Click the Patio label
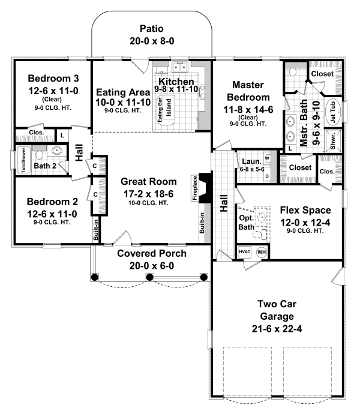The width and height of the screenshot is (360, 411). click(152, 29)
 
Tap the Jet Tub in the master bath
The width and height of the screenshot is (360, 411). click(333, 112)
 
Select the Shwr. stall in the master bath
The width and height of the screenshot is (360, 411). click(333, 141)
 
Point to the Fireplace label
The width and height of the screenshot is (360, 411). click(195, 188)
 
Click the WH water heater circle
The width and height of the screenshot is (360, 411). click(262, 252)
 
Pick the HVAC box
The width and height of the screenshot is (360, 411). click(244, 252)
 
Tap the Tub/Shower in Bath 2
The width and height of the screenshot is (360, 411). click(24, 160)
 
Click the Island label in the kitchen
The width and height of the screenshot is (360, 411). click(169, 107)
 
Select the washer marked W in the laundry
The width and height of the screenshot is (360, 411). click(267, 158)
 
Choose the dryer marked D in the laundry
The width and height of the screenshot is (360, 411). click(267, 176)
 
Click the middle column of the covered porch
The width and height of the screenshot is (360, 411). click(149, 277)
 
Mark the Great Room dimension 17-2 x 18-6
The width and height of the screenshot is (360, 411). click(148, 194)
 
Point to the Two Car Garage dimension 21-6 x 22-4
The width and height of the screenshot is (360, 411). click(277, 329)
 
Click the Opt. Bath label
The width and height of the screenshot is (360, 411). click(247, 223)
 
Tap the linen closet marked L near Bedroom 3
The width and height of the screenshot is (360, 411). click(62, 136)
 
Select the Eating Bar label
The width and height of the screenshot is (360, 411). click(160, 109)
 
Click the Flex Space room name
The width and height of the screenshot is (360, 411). click(305, 210)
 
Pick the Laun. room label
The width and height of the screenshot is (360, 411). click(251, 161)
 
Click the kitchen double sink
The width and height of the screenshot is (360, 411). click(179, 67)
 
